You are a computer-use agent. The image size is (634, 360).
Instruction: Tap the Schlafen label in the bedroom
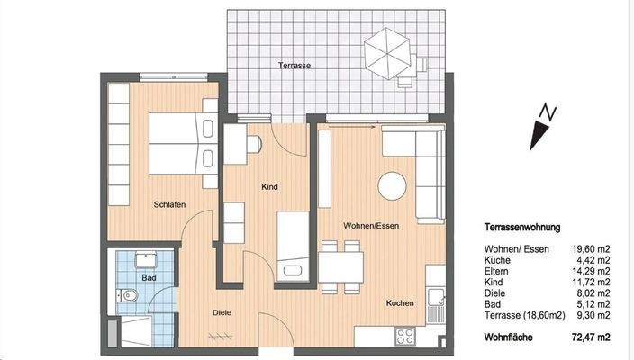[169, 205]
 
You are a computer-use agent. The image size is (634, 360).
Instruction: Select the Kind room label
[268, 187]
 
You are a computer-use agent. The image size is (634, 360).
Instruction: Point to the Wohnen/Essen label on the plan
[370, 225]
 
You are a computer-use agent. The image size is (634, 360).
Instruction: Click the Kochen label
[400, 303]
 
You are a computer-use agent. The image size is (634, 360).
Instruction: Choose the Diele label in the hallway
[222, 313]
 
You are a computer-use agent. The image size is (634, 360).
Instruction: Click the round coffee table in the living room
[394, 186]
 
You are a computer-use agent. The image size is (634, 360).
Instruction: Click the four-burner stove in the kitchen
[405, 336]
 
